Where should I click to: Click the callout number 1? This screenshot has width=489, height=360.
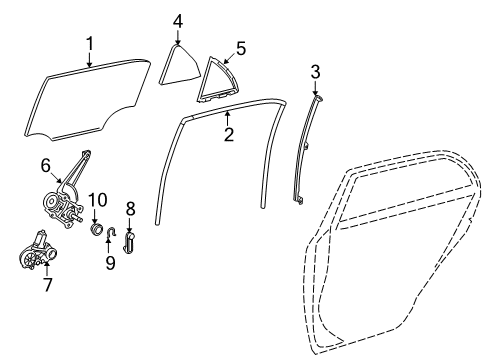tap(89, 43)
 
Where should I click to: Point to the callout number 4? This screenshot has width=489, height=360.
tap(177, 20)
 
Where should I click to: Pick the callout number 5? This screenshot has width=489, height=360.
tap(240, 47)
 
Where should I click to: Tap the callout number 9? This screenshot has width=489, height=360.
tap(110, 263)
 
